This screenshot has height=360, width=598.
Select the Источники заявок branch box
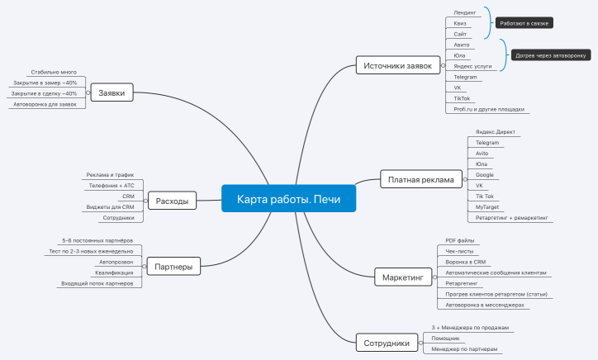(x=398, y=66)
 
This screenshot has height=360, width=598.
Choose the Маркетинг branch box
(x=402, y=277)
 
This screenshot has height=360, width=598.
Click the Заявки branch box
(x=112, y=93)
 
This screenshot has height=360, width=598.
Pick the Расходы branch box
(x=172, y=201)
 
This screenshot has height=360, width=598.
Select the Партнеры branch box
(x=173, y=266)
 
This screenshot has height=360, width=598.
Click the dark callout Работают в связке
(x=524, y=23)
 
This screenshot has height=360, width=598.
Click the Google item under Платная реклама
(x=485, y=175)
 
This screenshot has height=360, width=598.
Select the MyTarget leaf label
(x=487, y=207)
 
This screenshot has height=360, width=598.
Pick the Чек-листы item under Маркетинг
(x=460, y=251)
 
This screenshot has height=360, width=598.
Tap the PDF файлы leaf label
(x=460, y=240)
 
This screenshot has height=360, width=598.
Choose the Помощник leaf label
(x=445, y=339)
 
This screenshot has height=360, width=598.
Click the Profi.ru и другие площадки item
(x=489, y=109)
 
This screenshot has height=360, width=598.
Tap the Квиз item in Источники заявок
(x=461, y=23)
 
